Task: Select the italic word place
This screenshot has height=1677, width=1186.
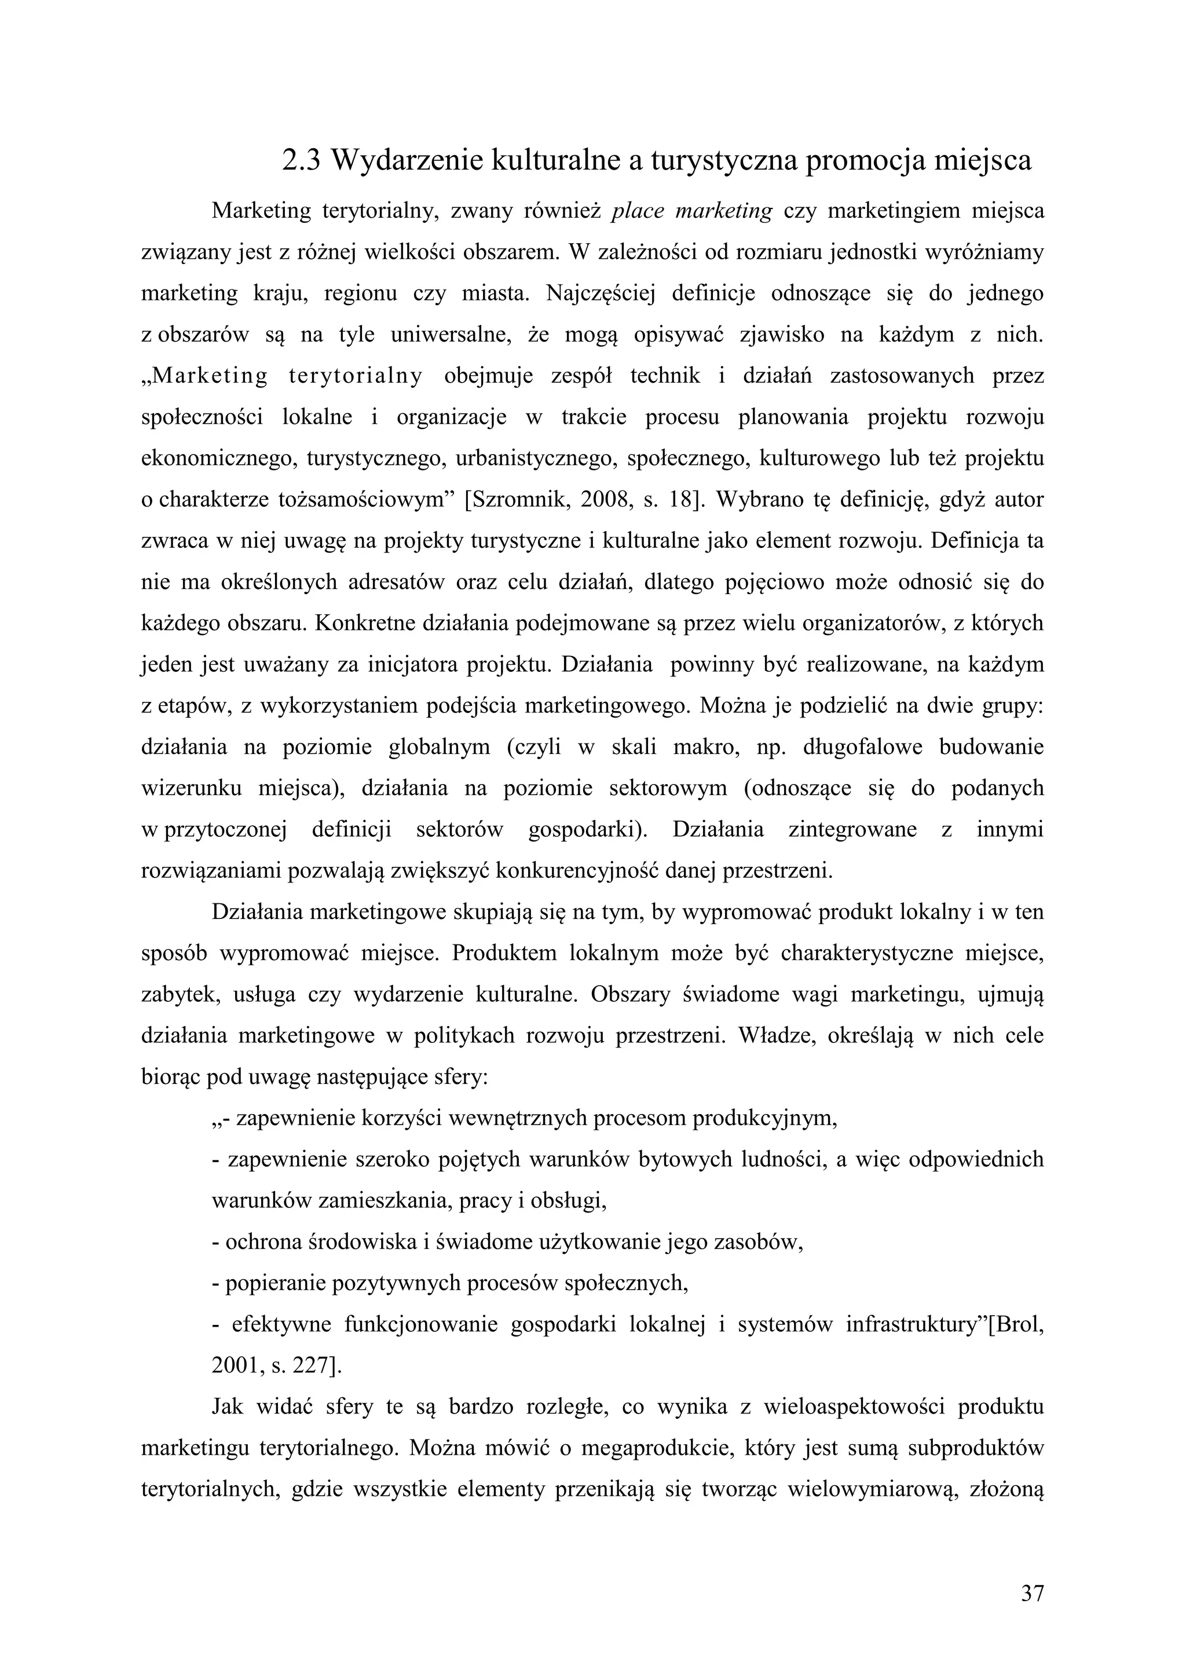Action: pos(636,211)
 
